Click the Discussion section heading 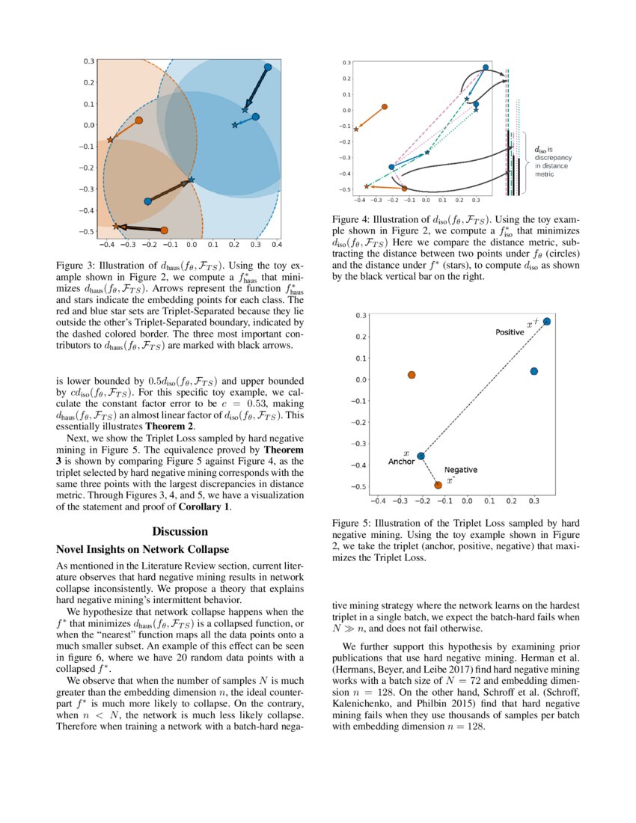click(x=180, y=531)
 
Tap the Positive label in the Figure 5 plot click(x=510, y=331)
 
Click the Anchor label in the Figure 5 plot click(x=401, y=462)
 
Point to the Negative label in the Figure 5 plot click(x=460, y=470)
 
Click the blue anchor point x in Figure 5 click(x=421, y=456)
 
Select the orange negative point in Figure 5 click(x=438, y=485)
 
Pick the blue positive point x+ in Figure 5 click(x=547, y=322)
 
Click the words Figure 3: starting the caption click(x=78, y=265)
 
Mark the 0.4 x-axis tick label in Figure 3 click(x=276, y=245)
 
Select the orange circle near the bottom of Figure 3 click(x=164, y=230)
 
